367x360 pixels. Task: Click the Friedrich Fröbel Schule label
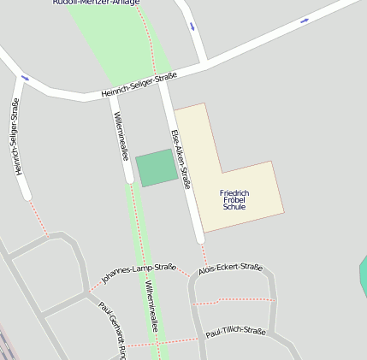pos(234,200)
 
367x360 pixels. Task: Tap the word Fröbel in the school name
pos(234,200)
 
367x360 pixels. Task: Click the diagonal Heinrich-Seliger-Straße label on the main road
pos(139,85)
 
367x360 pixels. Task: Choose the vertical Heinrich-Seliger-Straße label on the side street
pos(15,138)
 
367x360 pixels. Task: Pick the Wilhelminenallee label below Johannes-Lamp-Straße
pos(151,306)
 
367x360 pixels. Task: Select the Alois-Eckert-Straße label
pos(230,269)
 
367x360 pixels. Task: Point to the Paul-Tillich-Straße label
pos(235,331)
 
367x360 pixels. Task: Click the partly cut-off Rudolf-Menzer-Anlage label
pos(96,3)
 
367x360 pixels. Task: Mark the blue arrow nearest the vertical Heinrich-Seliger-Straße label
pos(25,79)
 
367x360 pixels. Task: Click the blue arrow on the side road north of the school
pos(192,26)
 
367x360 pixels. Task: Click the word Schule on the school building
pos(234,207)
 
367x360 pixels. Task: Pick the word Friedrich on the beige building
pos(234,193)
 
